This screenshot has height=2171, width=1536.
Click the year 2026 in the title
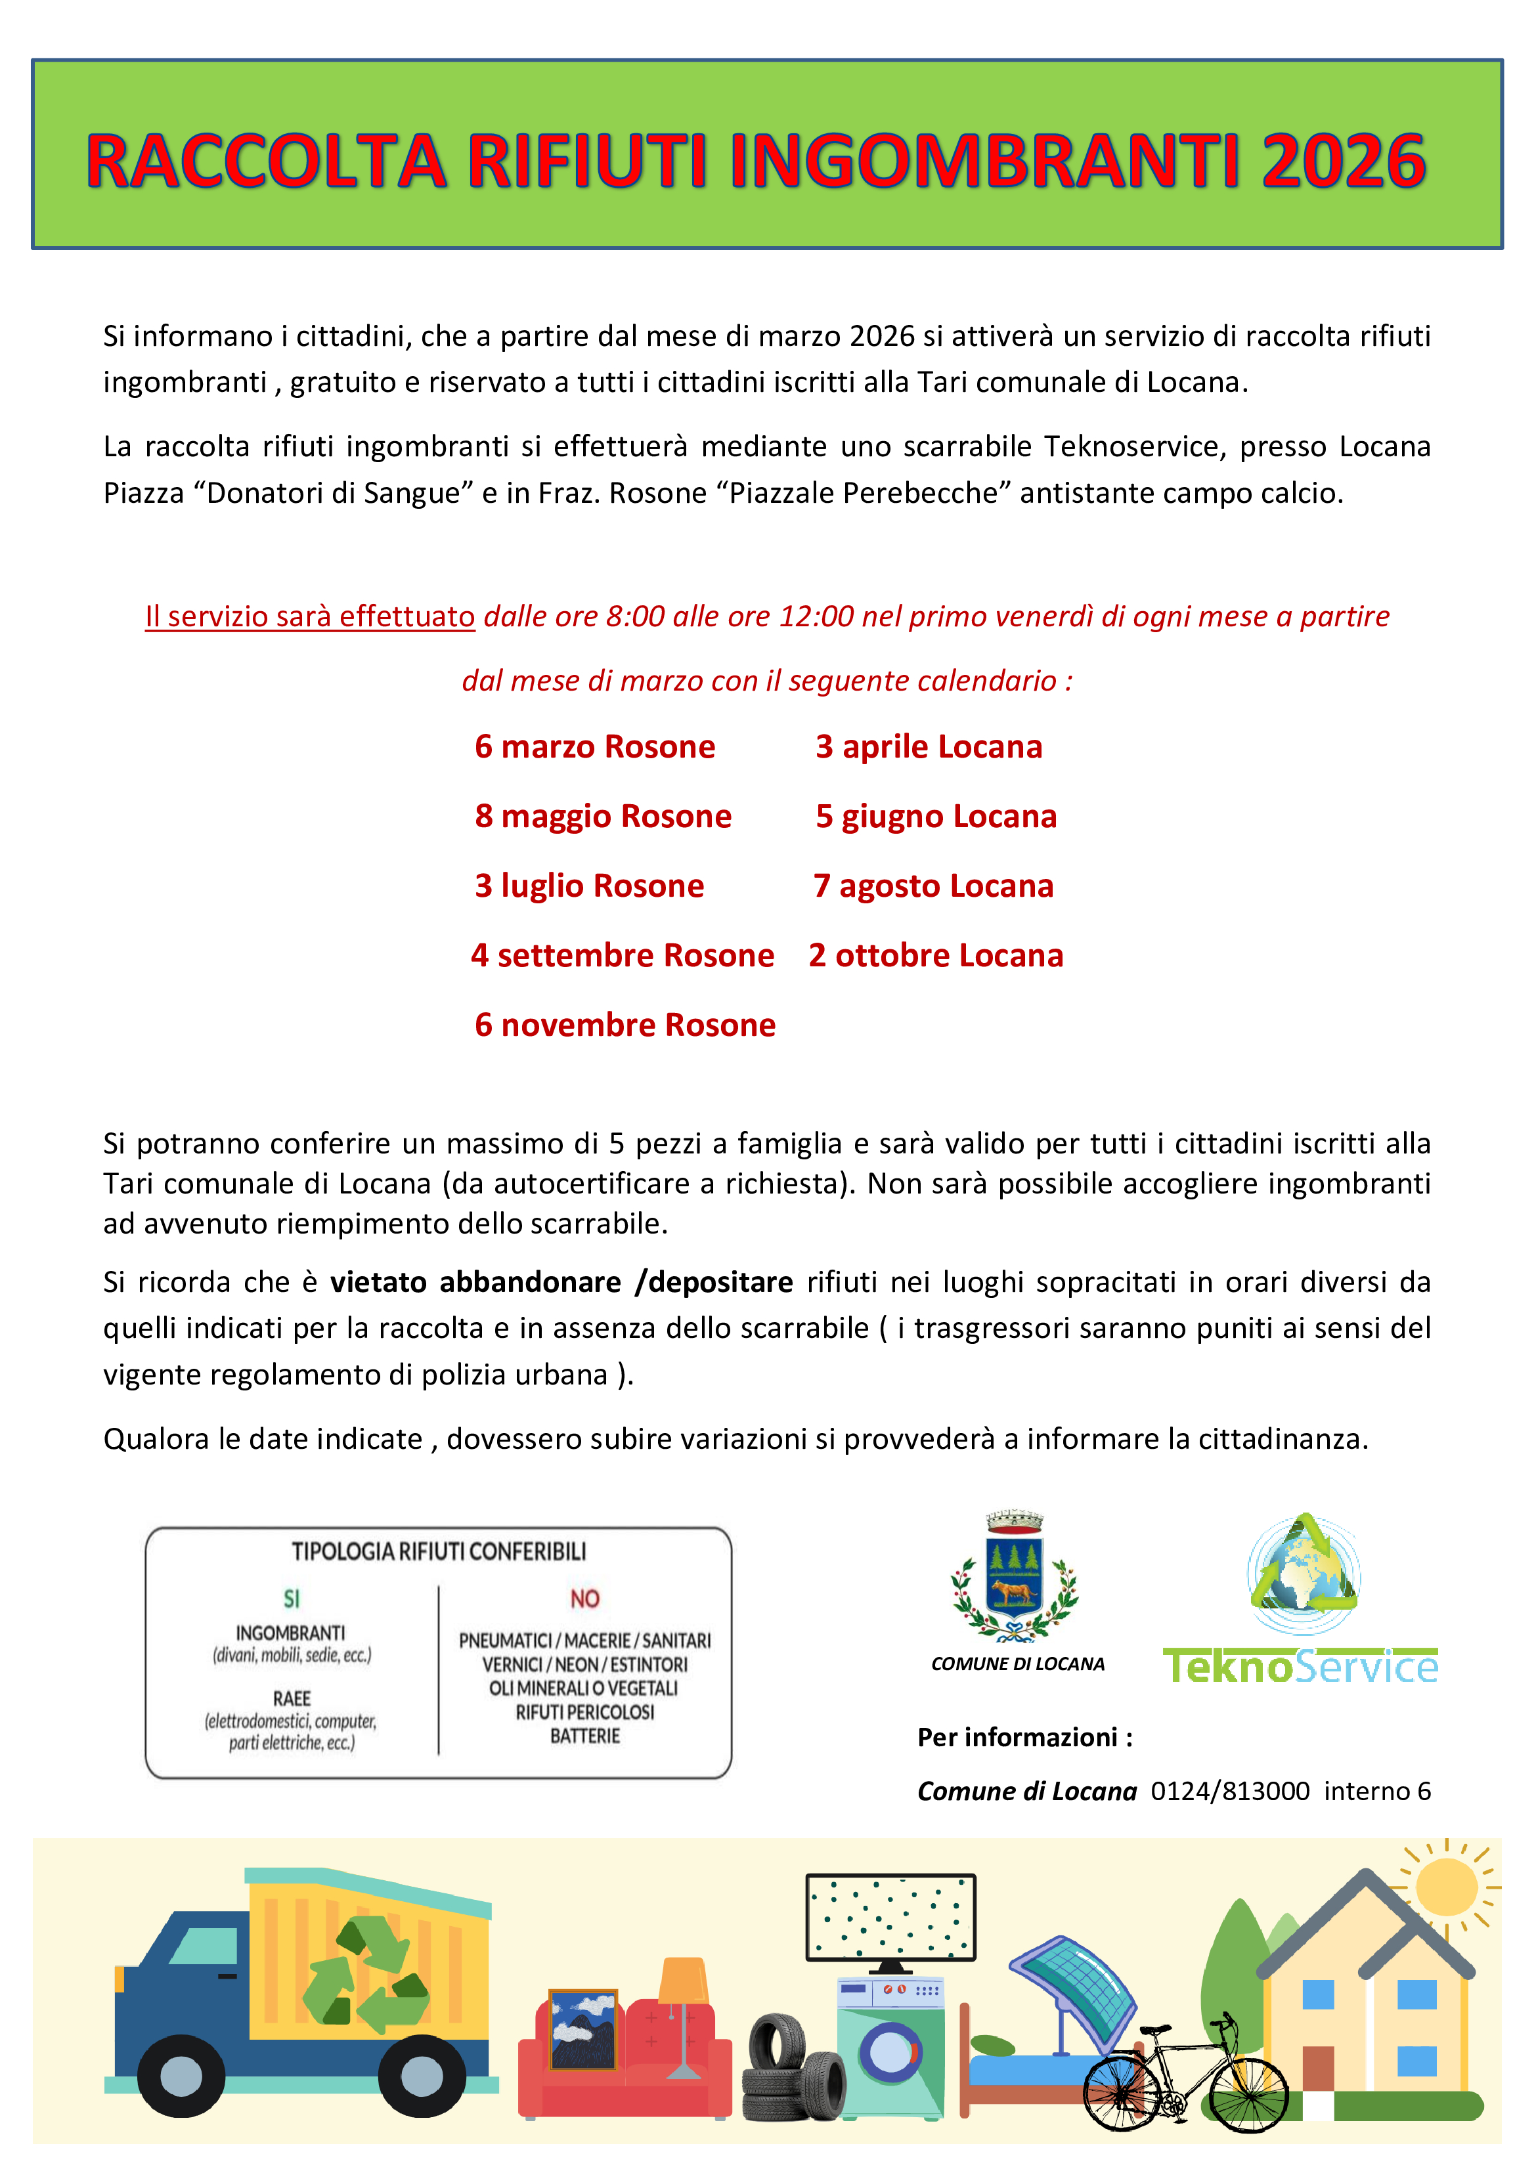coord(1342,161)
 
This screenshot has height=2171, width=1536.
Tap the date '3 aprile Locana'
coord(929,747)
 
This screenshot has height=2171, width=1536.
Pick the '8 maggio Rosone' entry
coord(602,816)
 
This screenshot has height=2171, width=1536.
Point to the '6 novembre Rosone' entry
coord(625,1025)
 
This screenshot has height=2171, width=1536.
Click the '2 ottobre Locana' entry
coord(935,956)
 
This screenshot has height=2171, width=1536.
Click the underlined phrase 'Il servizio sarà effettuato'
coord(309,616)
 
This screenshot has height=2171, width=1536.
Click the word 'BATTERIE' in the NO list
coord(584,1736)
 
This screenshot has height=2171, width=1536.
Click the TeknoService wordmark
coord(1300,1666)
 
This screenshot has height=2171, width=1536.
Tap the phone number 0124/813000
coord(1229,1791)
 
